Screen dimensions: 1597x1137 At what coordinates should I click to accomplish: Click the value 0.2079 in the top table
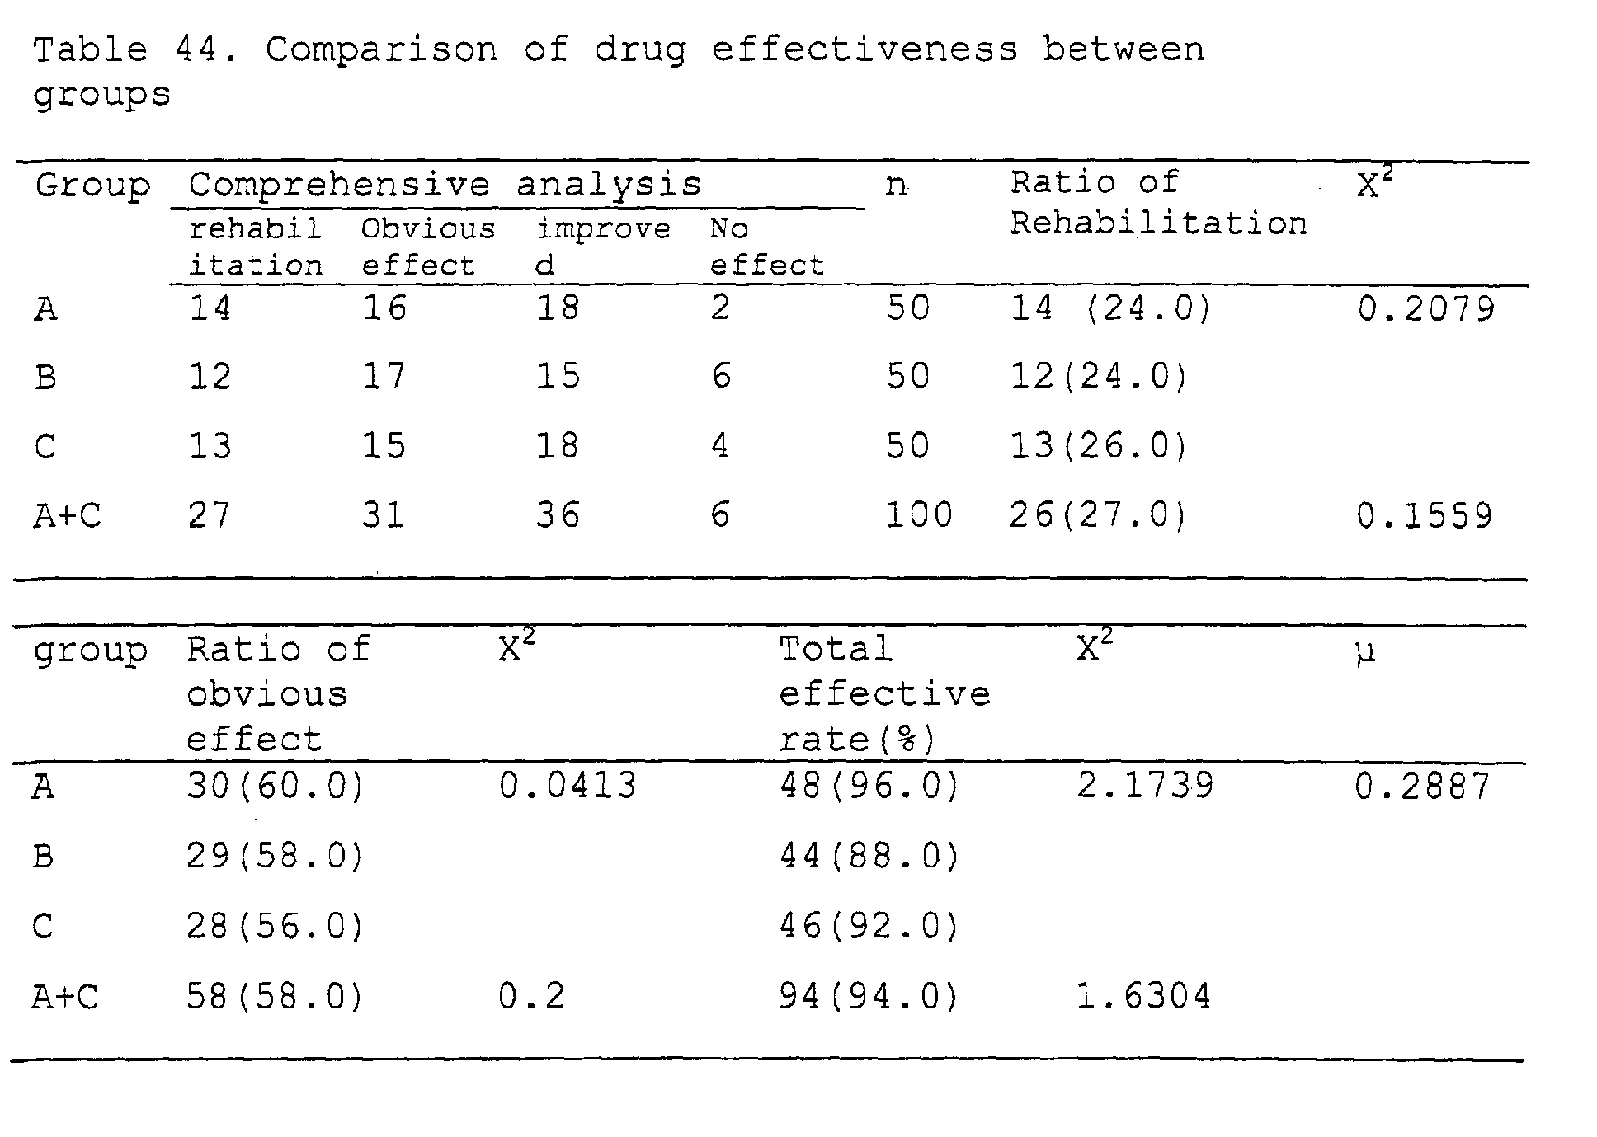(1426, 309)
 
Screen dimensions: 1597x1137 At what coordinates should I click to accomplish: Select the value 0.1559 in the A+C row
(1425, 516)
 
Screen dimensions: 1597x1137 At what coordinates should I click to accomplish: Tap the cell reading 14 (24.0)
(1111, 309)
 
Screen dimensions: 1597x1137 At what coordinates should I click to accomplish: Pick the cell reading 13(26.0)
(1099, 447)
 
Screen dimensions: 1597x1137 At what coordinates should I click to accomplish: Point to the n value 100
(919, 516)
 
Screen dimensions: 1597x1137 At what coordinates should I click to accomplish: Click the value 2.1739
(1146, 786)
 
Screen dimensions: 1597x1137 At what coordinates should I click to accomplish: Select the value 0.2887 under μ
(1423, 786)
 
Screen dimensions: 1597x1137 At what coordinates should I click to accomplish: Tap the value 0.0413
(568, 786)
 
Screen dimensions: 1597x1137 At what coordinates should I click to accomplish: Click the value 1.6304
(1144, 997)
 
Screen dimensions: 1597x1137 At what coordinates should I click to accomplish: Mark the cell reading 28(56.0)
(276, 927)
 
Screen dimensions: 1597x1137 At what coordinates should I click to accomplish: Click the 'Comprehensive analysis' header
(445, 185)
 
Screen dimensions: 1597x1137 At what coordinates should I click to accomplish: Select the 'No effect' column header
(767, 247)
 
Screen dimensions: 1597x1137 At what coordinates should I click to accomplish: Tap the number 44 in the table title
(196, 50)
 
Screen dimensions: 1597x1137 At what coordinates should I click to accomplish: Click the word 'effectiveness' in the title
(864, 50)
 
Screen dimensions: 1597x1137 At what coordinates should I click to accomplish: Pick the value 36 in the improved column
(558, 516)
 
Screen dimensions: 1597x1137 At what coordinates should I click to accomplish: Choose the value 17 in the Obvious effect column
(384, 378)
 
